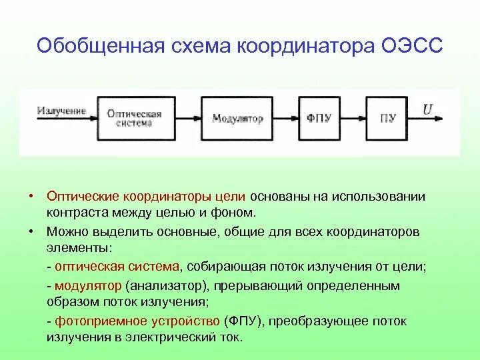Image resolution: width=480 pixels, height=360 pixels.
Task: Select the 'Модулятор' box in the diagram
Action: pos(237,119)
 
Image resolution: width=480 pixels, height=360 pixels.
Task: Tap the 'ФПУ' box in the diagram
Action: pos(318,119)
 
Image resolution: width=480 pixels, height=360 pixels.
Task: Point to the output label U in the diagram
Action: pos(427,109)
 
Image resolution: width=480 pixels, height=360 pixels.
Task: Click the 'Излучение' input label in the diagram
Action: pos(61,110)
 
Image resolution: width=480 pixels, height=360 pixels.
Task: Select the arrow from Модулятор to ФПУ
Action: pos(285,119)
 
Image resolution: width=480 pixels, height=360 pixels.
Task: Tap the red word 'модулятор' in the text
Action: pos(88,285)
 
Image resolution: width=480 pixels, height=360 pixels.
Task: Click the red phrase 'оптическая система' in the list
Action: pos(117,266)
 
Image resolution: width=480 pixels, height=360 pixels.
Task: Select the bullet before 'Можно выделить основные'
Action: pos(31,231)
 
